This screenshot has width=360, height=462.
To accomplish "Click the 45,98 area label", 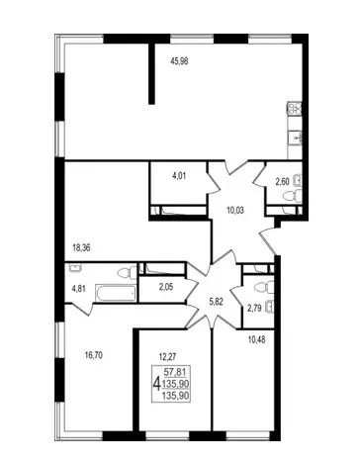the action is (179, 61).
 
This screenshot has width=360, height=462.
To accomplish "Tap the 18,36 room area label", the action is (81, 248).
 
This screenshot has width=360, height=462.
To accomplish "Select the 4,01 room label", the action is (179, 176).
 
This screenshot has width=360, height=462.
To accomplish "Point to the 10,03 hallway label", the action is (235, 210).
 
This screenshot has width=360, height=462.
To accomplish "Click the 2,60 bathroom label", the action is (282, 181).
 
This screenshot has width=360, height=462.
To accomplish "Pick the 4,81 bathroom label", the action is (79, 289).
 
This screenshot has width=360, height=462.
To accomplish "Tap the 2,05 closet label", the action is (166, 287).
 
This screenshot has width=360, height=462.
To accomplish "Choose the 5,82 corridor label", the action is (217, 301).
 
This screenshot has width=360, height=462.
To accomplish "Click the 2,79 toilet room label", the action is (254, 309).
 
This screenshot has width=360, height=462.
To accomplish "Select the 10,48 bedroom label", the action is (256, 339).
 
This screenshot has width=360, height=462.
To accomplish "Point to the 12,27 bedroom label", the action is (167, 356).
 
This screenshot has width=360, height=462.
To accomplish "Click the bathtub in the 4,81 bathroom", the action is (116, 293).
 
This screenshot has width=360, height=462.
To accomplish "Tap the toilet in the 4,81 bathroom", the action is (128, 273).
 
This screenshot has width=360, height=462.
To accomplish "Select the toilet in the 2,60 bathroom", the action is (292, 196).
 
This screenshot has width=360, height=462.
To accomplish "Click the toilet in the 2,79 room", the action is (264, 287).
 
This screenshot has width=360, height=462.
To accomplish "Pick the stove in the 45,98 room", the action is (295, 109).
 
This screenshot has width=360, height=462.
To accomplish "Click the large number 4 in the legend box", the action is (157, 384).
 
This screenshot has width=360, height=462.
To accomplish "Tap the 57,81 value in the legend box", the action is (177, 372).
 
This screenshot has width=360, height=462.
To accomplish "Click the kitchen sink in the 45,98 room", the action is (295, 138).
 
